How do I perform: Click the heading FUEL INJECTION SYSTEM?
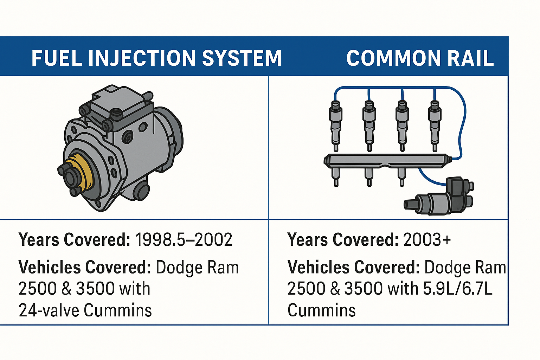[x=156, y=58]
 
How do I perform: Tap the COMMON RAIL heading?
[x=420, y=58]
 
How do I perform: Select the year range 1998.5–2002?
[x=184, y=240]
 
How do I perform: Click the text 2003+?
[x=427, y=240]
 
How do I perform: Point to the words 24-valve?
[x=49, y=310]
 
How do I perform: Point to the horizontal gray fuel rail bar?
[x=387, y=161]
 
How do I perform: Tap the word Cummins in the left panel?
[x=118, y=310]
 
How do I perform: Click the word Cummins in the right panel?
[x=321, y=310]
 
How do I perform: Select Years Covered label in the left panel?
[x=74, y=240]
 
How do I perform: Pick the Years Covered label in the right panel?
[x=343, y=240]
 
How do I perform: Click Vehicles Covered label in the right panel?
[x=354, y=267]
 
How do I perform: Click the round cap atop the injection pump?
[x=116, y=114]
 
